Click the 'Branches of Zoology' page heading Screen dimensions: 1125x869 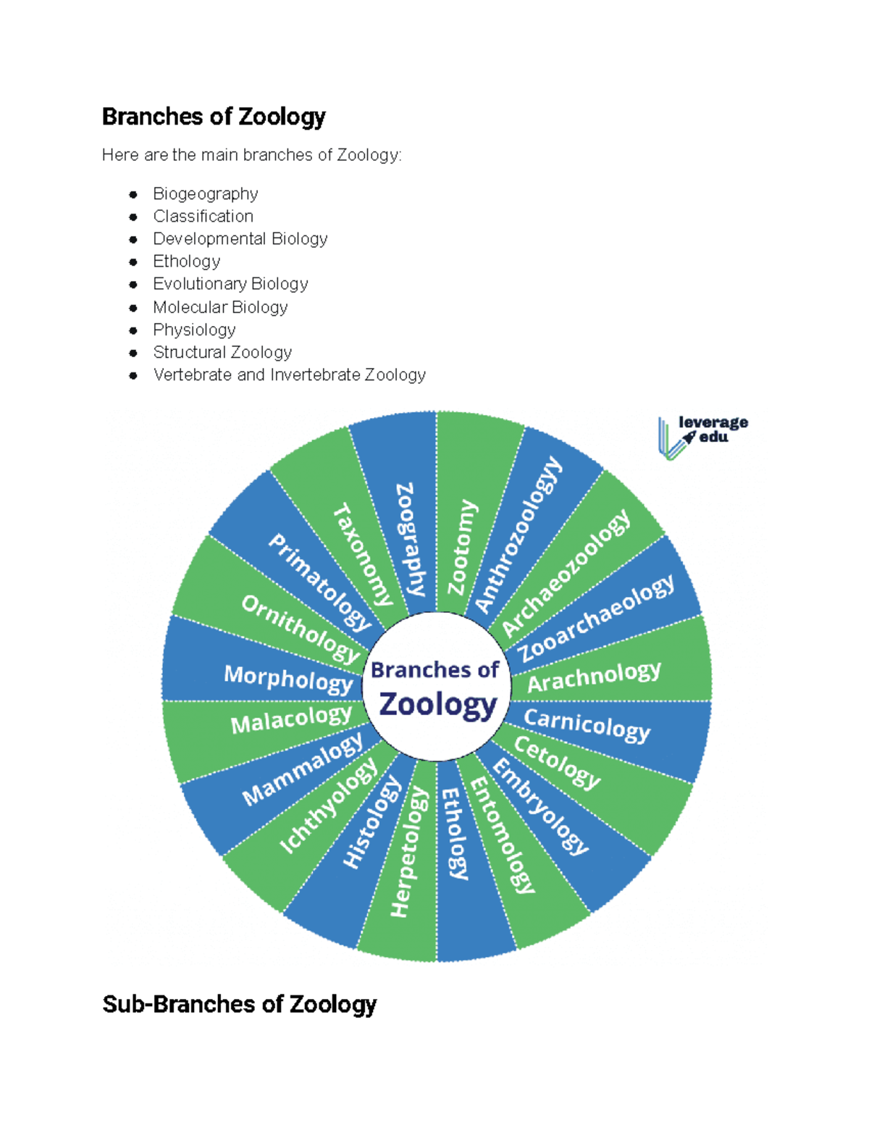(214, 117)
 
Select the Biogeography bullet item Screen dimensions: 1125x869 (206, 194)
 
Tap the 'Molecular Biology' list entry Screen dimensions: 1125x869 (220, 307)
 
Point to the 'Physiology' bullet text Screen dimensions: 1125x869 (194, 330)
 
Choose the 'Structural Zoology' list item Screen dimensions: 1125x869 (222, 352)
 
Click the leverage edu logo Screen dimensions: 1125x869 (702, 436)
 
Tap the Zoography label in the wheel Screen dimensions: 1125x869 (410, 539)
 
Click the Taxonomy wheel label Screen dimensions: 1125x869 (362, 554)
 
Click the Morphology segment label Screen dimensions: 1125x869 (288, 679)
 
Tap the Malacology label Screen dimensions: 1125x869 (291, 720)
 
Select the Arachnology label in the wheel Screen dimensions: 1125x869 (594, 677)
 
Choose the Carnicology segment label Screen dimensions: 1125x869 (587, 724)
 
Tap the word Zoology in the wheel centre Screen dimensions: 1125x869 (438, 704)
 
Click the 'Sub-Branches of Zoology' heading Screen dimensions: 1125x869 (239, 1005)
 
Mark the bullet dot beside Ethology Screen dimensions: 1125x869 (133, 262)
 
